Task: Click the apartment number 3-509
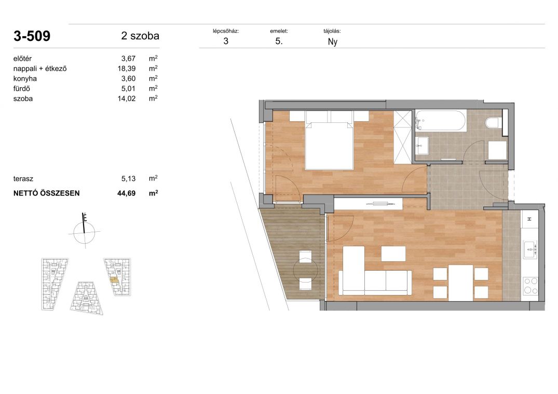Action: (x=32, y=36)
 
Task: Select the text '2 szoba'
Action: (x=140, y=36)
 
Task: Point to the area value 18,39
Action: (x=127, y=68)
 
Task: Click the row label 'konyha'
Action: (x=25, y=78)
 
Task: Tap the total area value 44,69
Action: (x=127, y=193)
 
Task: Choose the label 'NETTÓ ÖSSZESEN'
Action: (x=47, y=193)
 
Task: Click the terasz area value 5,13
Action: (x=128, y=179)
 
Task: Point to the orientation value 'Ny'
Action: (x=332, y=42)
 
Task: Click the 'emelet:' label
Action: (x=279, y=31)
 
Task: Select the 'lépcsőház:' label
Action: (x=226, y=31)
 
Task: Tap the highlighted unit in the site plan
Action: (x=115, y=280)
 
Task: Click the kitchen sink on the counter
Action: (x=530, y=249)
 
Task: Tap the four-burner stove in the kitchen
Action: (x=530, y=286)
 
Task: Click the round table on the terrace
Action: (x=305, y=271)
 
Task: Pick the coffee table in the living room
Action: (x=393, y=254)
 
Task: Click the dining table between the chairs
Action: (x=460, y=283)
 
